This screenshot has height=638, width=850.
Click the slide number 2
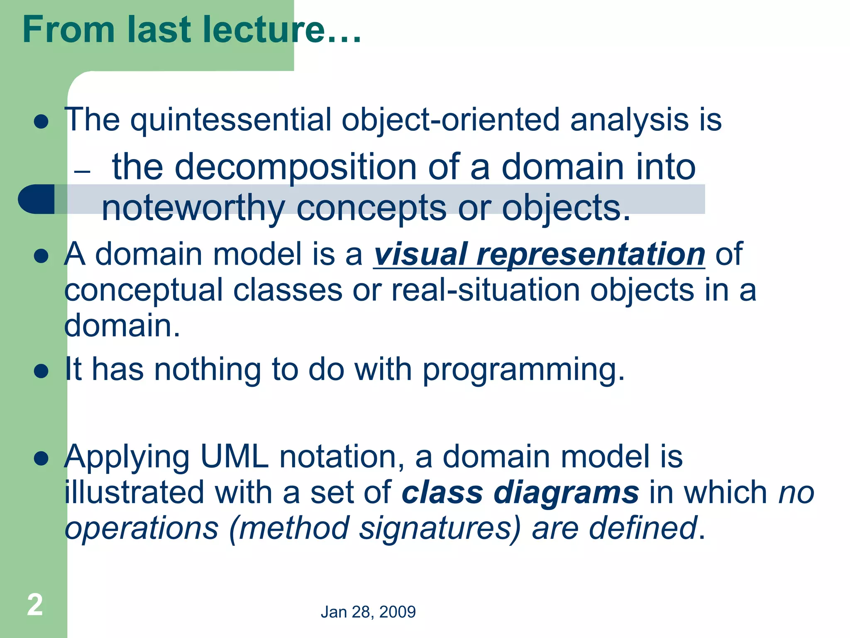point(35,605)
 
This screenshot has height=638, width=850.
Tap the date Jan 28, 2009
point(368,612)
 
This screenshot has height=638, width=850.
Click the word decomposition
point(295,167)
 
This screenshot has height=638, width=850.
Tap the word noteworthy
point(193,209)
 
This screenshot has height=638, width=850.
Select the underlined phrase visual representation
point(539,254)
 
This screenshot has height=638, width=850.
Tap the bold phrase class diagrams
point(520,493)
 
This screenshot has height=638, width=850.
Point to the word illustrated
point(134,493)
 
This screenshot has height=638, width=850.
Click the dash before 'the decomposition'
point(82,172)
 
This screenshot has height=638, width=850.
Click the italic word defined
point(642,529)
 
